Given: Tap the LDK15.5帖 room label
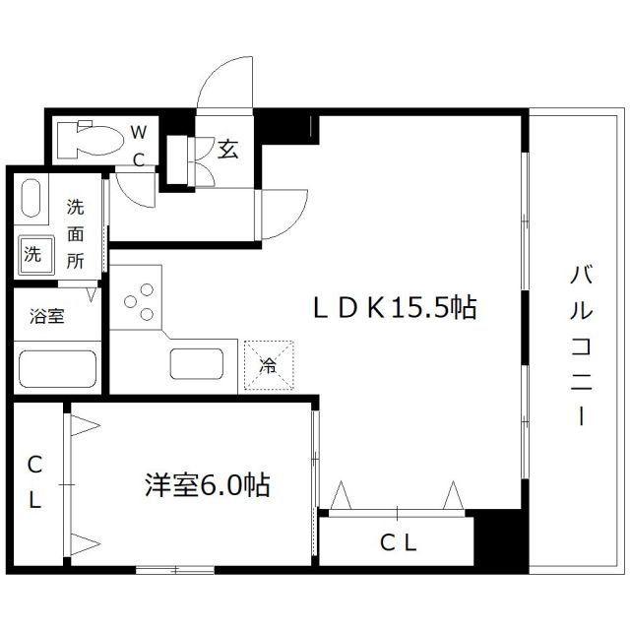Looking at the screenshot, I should [395, 309].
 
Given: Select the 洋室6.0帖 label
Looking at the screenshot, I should [207, 484].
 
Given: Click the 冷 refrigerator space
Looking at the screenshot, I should [268, 365].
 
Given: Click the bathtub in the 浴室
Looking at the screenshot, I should [57, 370].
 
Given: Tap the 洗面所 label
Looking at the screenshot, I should [76, 234].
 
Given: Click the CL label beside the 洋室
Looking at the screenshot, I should [34, 481].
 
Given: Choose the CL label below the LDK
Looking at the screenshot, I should [398, 540].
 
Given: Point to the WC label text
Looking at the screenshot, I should [139, 145].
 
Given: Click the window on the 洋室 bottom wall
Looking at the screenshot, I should [174, 569].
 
